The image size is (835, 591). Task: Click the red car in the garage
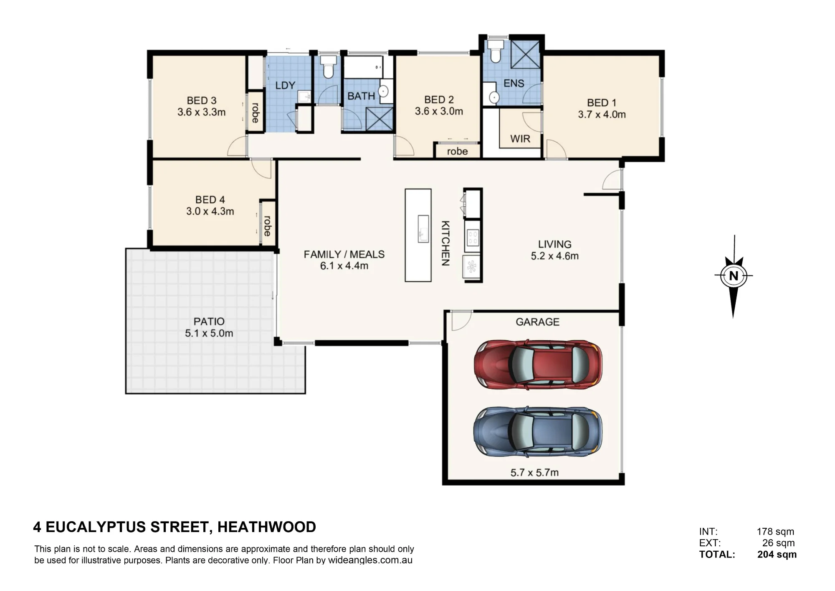pos(538,364)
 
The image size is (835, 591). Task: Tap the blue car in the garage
pos(538,431)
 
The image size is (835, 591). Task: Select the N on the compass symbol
pos(734,276)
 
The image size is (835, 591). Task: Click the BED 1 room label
pos(602,103)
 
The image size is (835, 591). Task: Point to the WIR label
pos(520,139)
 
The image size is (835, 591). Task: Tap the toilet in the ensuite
pos(496,51)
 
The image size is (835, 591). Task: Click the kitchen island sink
pos(423,229)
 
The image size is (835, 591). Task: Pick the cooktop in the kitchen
pos(472,238)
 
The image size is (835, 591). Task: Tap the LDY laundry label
pos(286,85)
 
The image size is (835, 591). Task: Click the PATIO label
pos(209,321)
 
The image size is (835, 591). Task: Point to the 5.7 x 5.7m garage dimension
pos(534,473)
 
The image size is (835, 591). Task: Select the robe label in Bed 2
pos(458,151)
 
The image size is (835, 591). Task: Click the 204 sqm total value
pos(777,555)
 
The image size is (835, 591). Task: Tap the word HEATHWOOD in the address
pos(267,527)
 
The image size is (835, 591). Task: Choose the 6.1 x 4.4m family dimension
pos(344,266)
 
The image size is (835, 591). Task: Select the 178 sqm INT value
pos(776,532)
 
